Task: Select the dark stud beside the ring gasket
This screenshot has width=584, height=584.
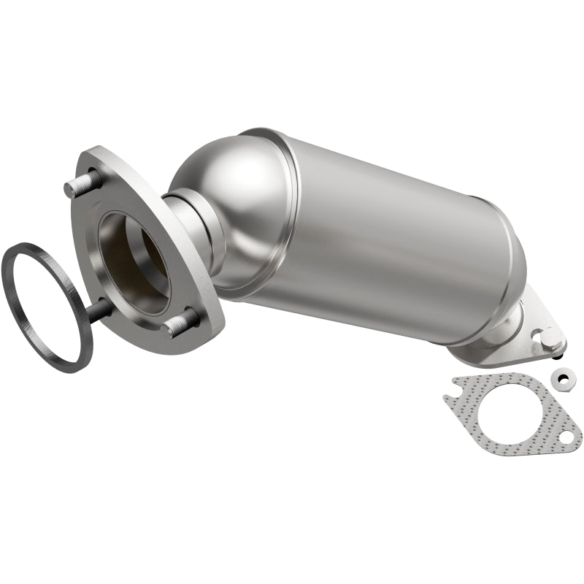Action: click(99, 310)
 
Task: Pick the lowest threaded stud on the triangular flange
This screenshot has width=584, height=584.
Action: click(183, 322)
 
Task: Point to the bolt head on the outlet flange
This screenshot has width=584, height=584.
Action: click(550, 337)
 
